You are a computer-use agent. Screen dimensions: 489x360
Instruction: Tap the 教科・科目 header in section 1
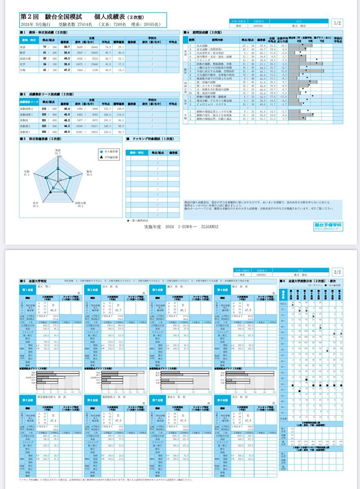click(29, 40)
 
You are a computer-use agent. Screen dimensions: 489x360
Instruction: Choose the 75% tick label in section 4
click(322, 41)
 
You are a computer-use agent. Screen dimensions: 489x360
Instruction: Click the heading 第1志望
click(28, 289)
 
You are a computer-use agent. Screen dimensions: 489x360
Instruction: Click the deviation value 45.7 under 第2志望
click(118, 311)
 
